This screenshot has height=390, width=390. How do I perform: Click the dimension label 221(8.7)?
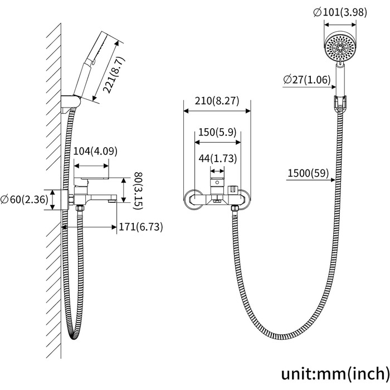coord(114,75)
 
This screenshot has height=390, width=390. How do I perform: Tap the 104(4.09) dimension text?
coord(95,151)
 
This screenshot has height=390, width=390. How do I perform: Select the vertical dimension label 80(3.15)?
coord(138,191)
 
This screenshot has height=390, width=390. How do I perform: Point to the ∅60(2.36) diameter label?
coord(24,199)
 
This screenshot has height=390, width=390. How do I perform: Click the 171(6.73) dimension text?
coord(141,227)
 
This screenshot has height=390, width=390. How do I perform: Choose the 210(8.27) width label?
coord(217,101)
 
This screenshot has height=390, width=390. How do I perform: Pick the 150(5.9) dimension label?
coord(217,132)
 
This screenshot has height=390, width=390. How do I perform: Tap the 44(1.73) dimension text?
coord(218,158)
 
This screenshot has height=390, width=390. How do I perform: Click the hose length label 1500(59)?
coord(308,173)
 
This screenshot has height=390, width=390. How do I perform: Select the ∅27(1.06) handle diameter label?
coord(307,80)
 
